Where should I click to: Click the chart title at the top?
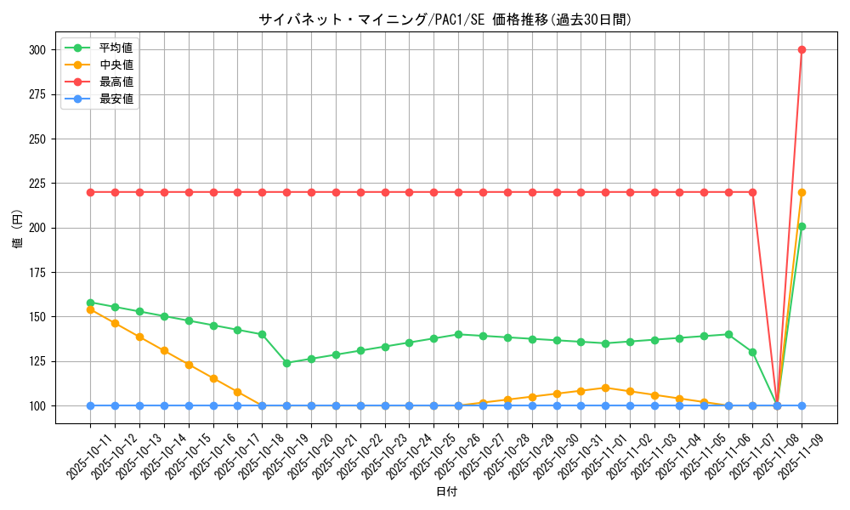point(445,20)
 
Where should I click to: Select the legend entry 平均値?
point(116,48)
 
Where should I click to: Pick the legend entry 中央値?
point(116,65)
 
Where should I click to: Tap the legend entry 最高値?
point(116,82)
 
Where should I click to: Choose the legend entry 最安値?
point(116,99)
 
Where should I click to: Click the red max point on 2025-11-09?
point(802,49)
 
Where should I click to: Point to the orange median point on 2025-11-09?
point(802,192)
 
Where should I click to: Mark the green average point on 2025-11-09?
point(802,226)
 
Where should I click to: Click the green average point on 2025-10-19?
point(286,363)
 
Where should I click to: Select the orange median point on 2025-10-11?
point(90,309)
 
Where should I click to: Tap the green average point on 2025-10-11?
point(90,303)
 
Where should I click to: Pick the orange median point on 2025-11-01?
point(605,388)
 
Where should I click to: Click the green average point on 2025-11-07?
point(752,352)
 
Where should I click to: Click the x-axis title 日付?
point(446,492)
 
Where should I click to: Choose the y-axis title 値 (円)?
point(18,228)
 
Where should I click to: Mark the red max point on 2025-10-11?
point(90,192)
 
